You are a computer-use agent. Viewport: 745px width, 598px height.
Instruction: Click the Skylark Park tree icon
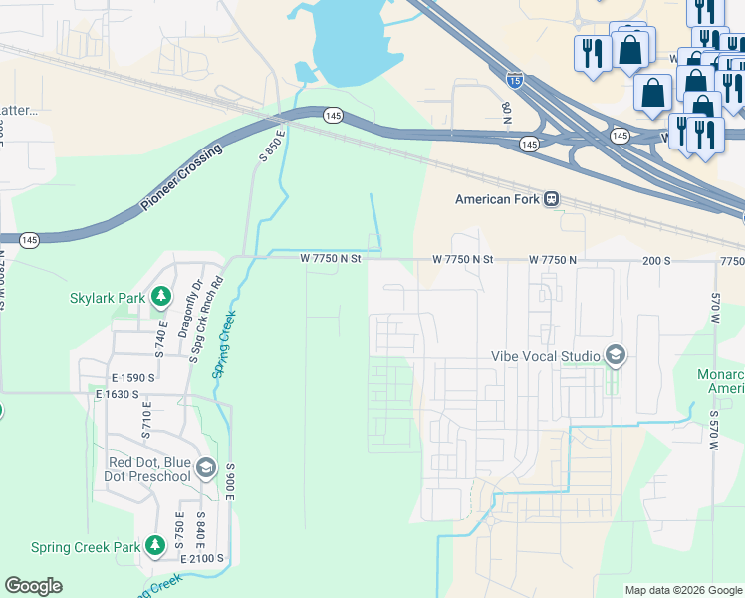(159, 297)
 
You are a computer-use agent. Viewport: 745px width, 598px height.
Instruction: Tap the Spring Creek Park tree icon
(154, 546)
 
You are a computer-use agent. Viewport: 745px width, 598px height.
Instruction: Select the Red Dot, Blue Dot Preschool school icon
(206, 468)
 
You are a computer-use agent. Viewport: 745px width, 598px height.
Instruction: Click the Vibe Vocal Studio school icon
(616, 355)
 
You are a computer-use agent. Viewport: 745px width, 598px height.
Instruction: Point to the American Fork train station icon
(551, 198)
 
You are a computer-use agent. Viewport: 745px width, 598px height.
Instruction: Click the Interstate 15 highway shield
(514, 76)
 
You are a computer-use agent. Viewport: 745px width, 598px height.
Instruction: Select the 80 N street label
(507, 112)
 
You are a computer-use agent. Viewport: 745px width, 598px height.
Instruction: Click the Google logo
(33, 586)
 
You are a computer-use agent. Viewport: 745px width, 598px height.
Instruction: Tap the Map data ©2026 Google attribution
(683, 590)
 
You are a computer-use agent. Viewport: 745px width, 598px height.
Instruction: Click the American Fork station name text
(496, 199)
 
